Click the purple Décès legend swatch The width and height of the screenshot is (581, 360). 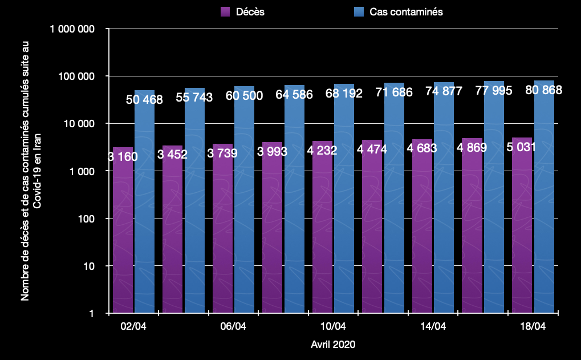[x=225, y=12]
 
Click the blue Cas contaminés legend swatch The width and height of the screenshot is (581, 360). [x=359, y=12]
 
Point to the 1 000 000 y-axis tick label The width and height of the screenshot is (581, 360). [x=72, y=29]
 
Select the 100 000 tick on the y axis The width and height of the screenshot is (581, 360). [x=76, y=76]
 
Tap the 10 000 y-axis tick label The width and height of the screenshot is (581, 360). [x=79, y=124]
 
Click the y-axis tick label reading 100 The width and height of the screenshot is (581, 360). [x=86, y=219]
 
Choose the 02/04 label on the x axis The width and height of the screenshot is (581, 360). [x=133, y=326]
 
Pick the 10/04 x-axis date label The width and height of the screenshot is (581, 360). [x=333, y=326]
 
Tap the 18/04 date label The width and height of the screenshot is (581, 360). [x=533, y=326]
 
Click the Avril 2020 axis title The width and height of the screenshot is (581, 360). [x=333, y=345]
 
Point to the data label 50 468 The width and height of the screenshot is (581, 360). [x=144, y=99]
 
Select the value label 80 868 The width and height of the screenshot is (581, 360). [x=543, y=90]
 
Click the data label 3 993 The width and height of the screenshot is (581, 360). [x=272, y=151]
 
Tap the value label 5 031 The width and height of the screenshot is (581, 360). [x=521, y=147]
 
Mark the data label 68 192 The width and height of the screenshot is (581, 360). [x=344, y=93]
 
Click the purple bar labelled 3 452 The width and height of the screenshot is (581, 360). [x=172, y=229]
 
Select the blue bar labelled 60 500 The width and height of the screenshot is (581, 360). [x=244, y=200]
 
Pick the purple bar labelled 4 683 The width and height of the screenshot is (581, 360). [x=422, y=226]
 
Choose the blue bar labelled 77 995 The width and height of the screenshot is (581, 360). [x=494, y=197]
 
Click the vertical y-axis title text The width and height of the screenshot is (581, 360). [x=31, y=171]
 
